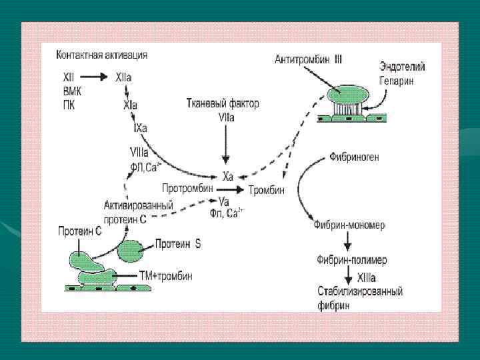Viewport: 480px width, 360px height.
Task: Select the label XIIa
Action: [x=124, y=78]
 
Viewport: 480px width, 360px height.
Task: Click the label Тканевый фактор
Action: [x=222, y=104]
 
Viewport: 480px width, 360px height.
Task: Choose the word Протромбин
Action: [x=187, y=189]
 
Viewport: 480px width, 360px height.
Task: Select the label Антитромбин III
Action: [x=309, y=60]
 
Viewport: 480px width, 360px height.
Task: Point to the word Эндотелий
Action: [x=402, y=67]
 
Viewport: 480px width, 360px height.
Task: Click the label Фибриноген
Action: [x=354, y=158]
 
